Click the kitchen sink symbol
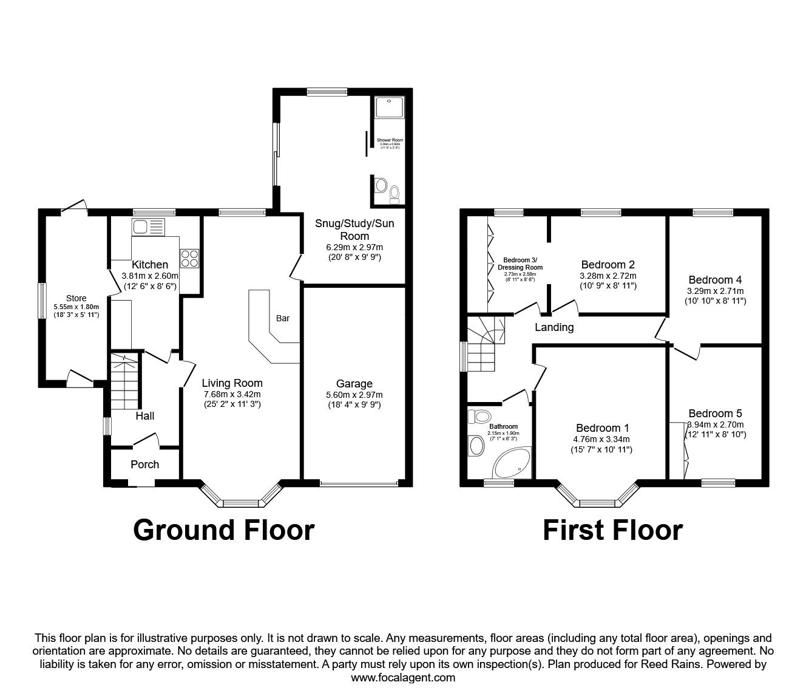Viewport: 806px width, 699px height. [x=147, y=228]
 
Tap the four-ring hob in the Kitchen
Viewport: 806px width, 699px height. [x=189, y=258]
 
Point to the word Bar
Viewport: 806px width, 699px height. [x=283, y=318]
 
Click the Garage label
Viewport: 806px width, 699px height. [x=354, y=383]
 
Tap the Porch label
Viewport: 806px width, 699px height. [x=145, y=464]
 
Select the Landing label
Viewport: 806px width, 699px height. [x=554, y=327]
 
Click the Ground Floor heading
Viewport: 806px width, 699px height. [x=223, y=530]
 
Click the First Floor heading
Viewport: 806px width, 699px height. [x=612, y=530]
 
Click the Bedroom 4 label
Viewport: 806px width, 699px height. [x=715, y=280]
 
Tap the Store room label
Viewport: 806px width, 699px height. [x=76, y=298]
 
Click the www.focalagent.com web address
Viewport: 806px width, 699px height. [x=403, y=677]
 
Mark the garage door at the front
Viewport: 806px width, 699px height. [x=359, y=484]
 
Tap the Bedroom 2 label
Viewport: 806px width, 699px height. [x=608, y=264]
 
